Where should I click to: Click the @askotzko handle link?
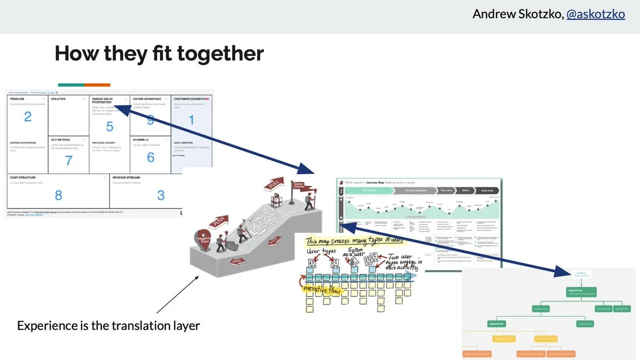tap(595, 14)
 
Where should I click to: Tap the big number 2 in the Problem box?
tap(28, 116)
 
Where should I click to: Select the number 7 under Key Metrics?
tap(68, 160)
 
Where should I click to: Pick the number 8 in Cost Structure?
tap(58, 195)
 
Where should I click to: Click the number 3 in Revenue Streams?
tap(161, 195)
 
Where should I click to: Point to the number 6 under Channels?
tap(150, 157)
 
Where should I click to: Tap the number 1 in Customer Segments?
tap(191, 120)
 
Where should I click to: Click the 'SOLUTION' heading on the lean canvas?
tap(58, 99)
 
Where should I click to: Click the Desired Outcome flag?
tap(298, 186)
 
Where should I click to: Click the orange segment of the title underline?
tap(98, 85)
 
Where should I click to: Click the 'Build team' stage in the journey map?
tap(487, 190)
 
